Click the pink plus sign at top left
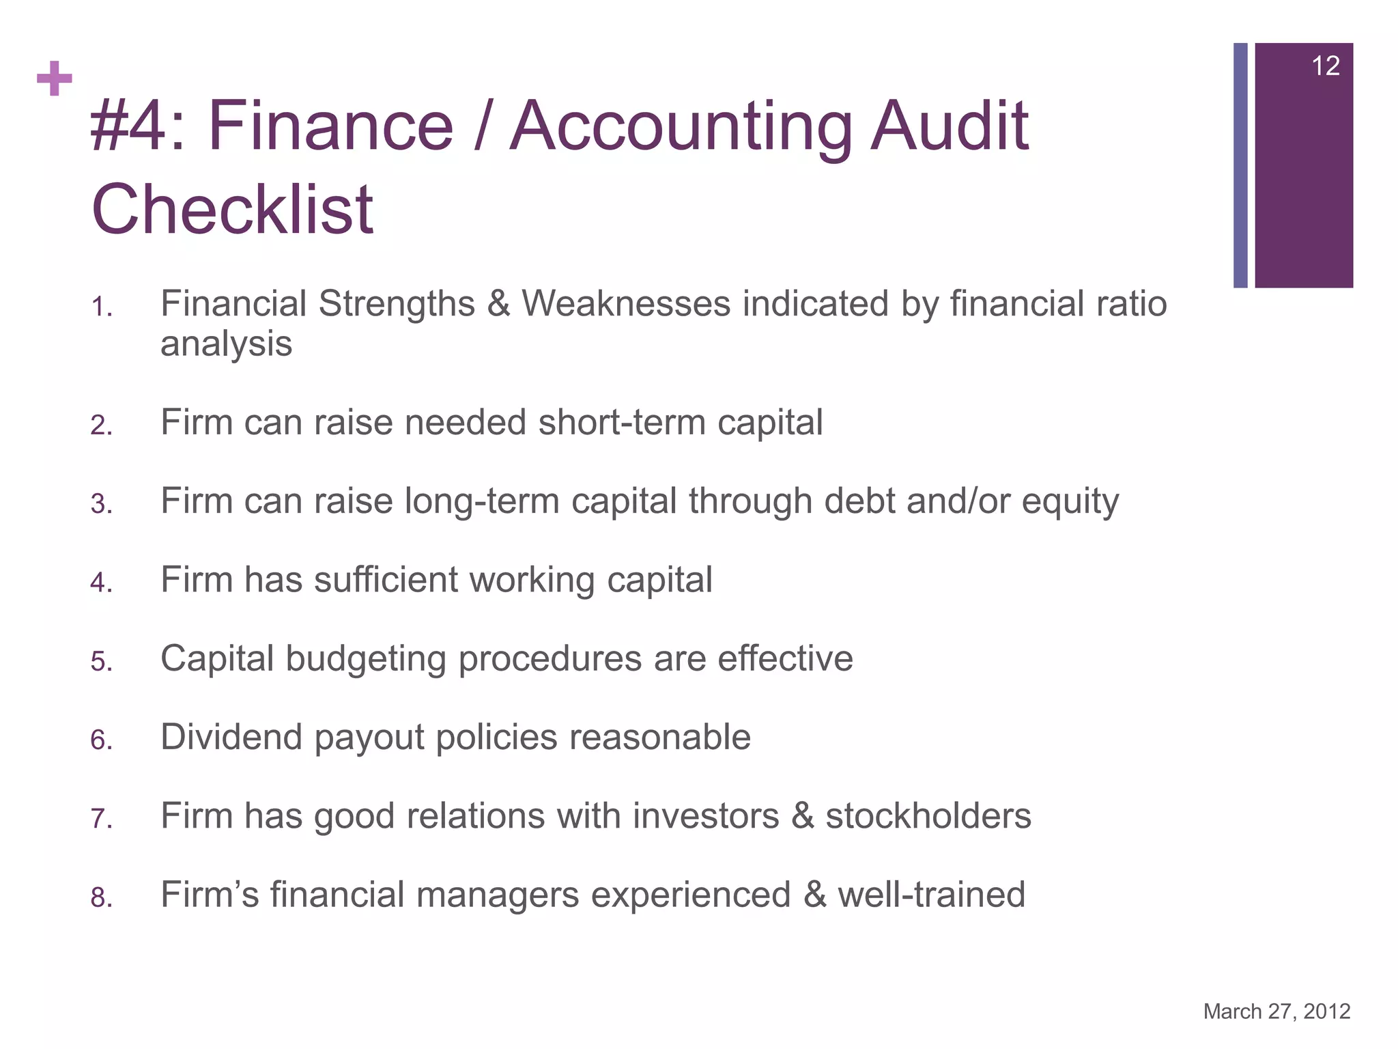(55, 79)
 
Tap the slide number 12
(1325, 66)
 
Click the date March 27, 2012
(1276, 1011)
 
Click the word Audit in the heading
(949, 126)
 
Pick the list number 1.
(101, 308)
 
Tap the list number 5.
(101, 662)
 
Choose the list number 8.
(101, 898)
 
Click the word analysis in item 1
(226, 344)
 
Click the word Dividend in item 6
(231, 738)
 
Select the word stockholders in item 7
(928, 816)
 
